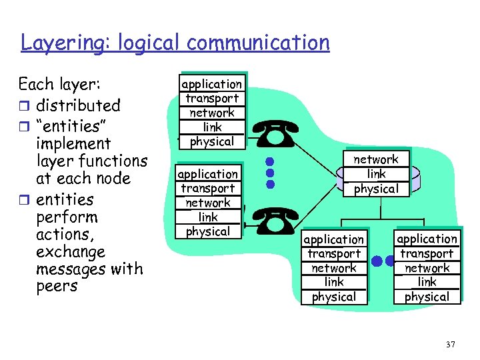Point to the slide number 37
click(x=450, y=344)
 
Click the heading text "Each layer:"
click(x=60, y=85)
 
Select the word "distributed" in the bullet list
click(x=78, y=105)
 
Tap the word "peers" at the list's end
click(x=57, y=287)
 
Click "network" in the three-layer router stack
click(x=375, y=159)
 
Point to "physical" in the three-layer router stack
click(x=375, y=189)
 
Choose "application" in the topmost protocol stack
click(x=211, y=84)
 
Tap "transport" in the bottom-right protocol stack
click(x=427, y=253)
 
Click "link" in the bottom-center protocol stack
click(x=334, y=282)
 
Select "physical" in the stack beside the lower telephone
click(x=207, y=231)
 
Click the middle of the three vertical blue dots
click(x=269, y=172)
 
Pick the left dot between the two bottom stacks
click(x=378, y=261)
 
